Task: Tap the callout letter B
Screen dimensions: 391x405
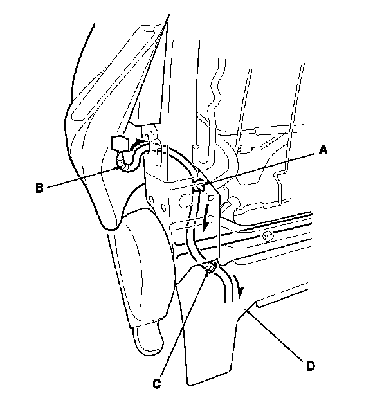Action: tap(39, 188)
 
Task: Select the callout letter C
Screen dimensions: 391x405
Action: tap(156, 384)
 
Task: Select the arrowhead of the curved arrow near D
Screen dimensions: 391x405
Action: tap(241, 292)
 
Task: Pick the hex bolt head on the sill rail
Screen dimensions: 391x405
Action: tap(267, 238)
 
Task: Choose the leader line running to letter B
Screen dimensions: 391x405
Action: tap(84, 176)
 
